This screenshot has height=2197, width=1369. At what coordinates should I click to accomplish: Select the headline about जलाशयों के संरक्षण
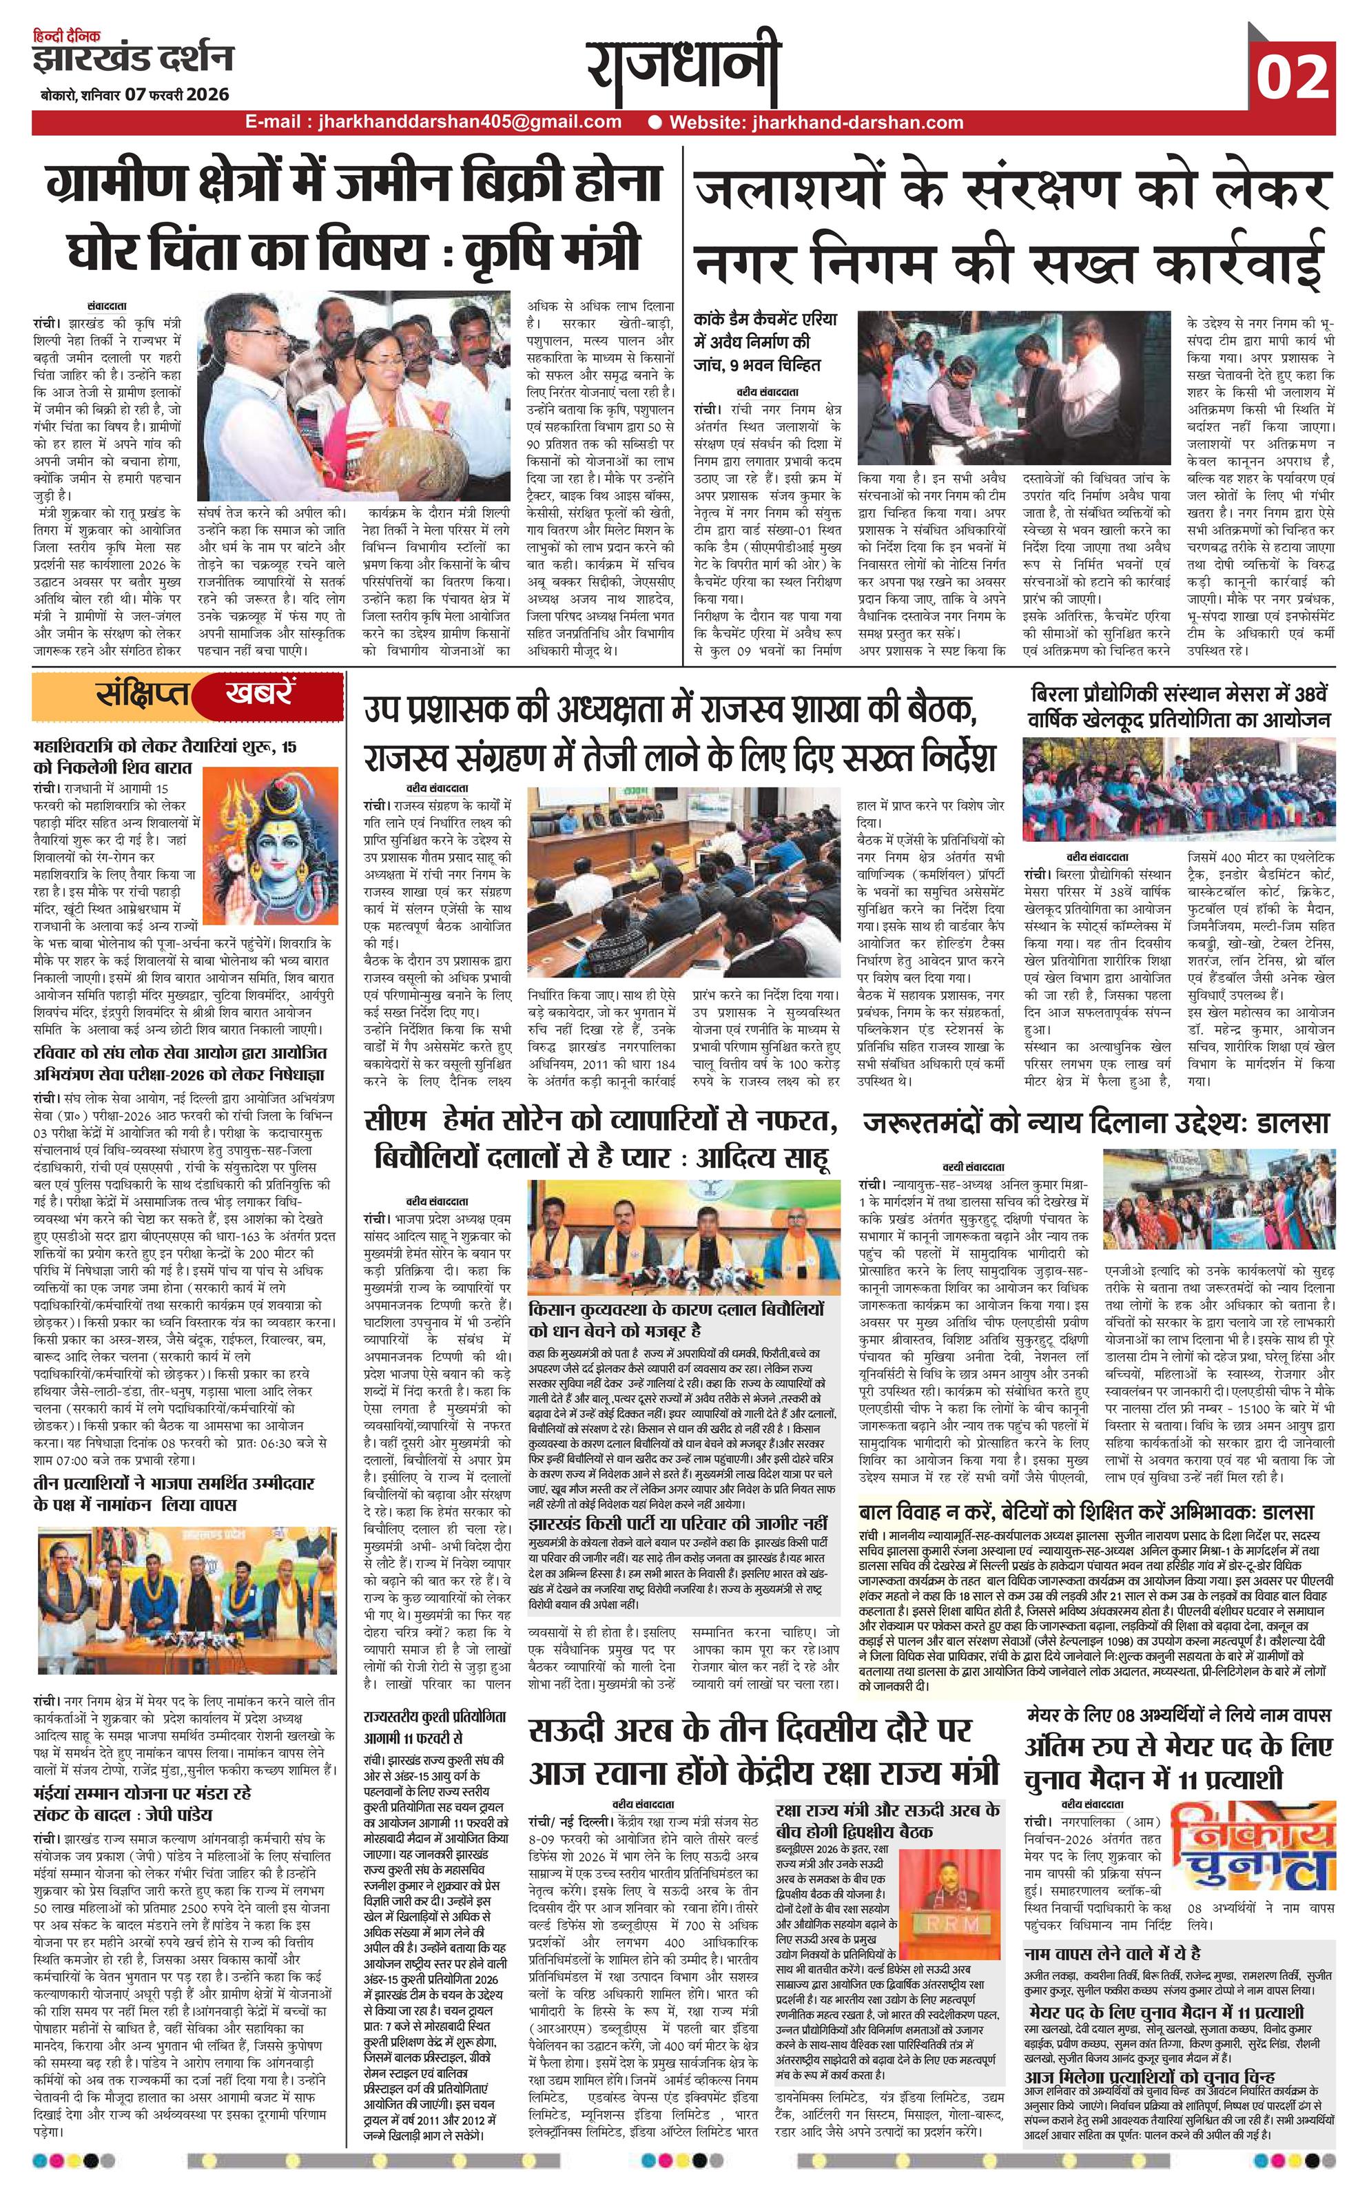click(x=1012, y=223)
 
